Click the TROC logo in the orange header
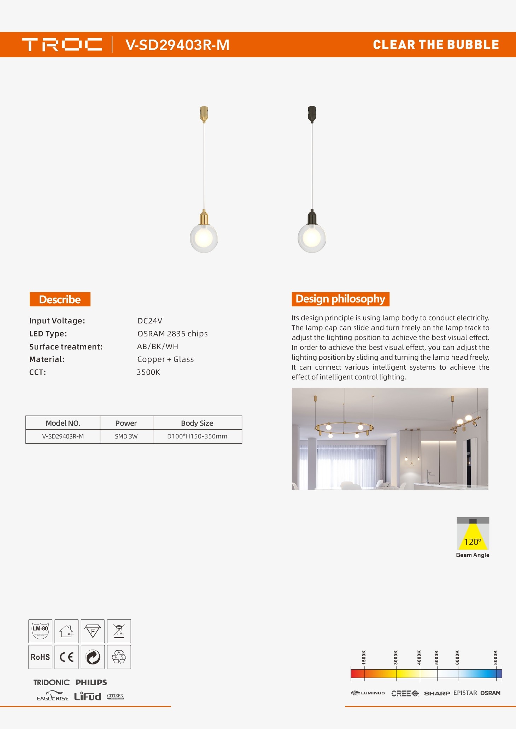(x=62, y=45)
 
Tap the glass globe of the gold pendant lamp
(x=204, y=239)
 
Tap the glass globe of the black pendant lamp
(x=312, y=239)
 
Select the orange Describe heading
(x=60, y=299)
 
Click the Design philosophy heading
(x=340, y=299)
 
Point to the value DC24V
(x=150, y=321)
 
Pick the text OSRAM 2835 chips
(x=172, y=334)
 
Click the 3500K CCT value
(x=148, y=372)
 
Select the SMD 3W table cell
(x=126, y=437)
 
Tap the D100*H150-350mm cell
(x=197, y=437)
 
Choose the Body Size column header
(x=197, y=423)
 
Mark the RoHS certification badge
(x=40, y=657)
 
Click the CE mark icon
(x=66, y=657)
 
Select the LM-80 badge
(x=40, y=631)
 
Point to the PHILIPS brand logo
(x=91, y=682)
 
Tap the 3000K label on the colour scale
(x=396, y=657)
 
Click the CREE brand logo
(x=405, y=693)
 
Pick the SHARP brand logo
(x=437, y=693)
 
